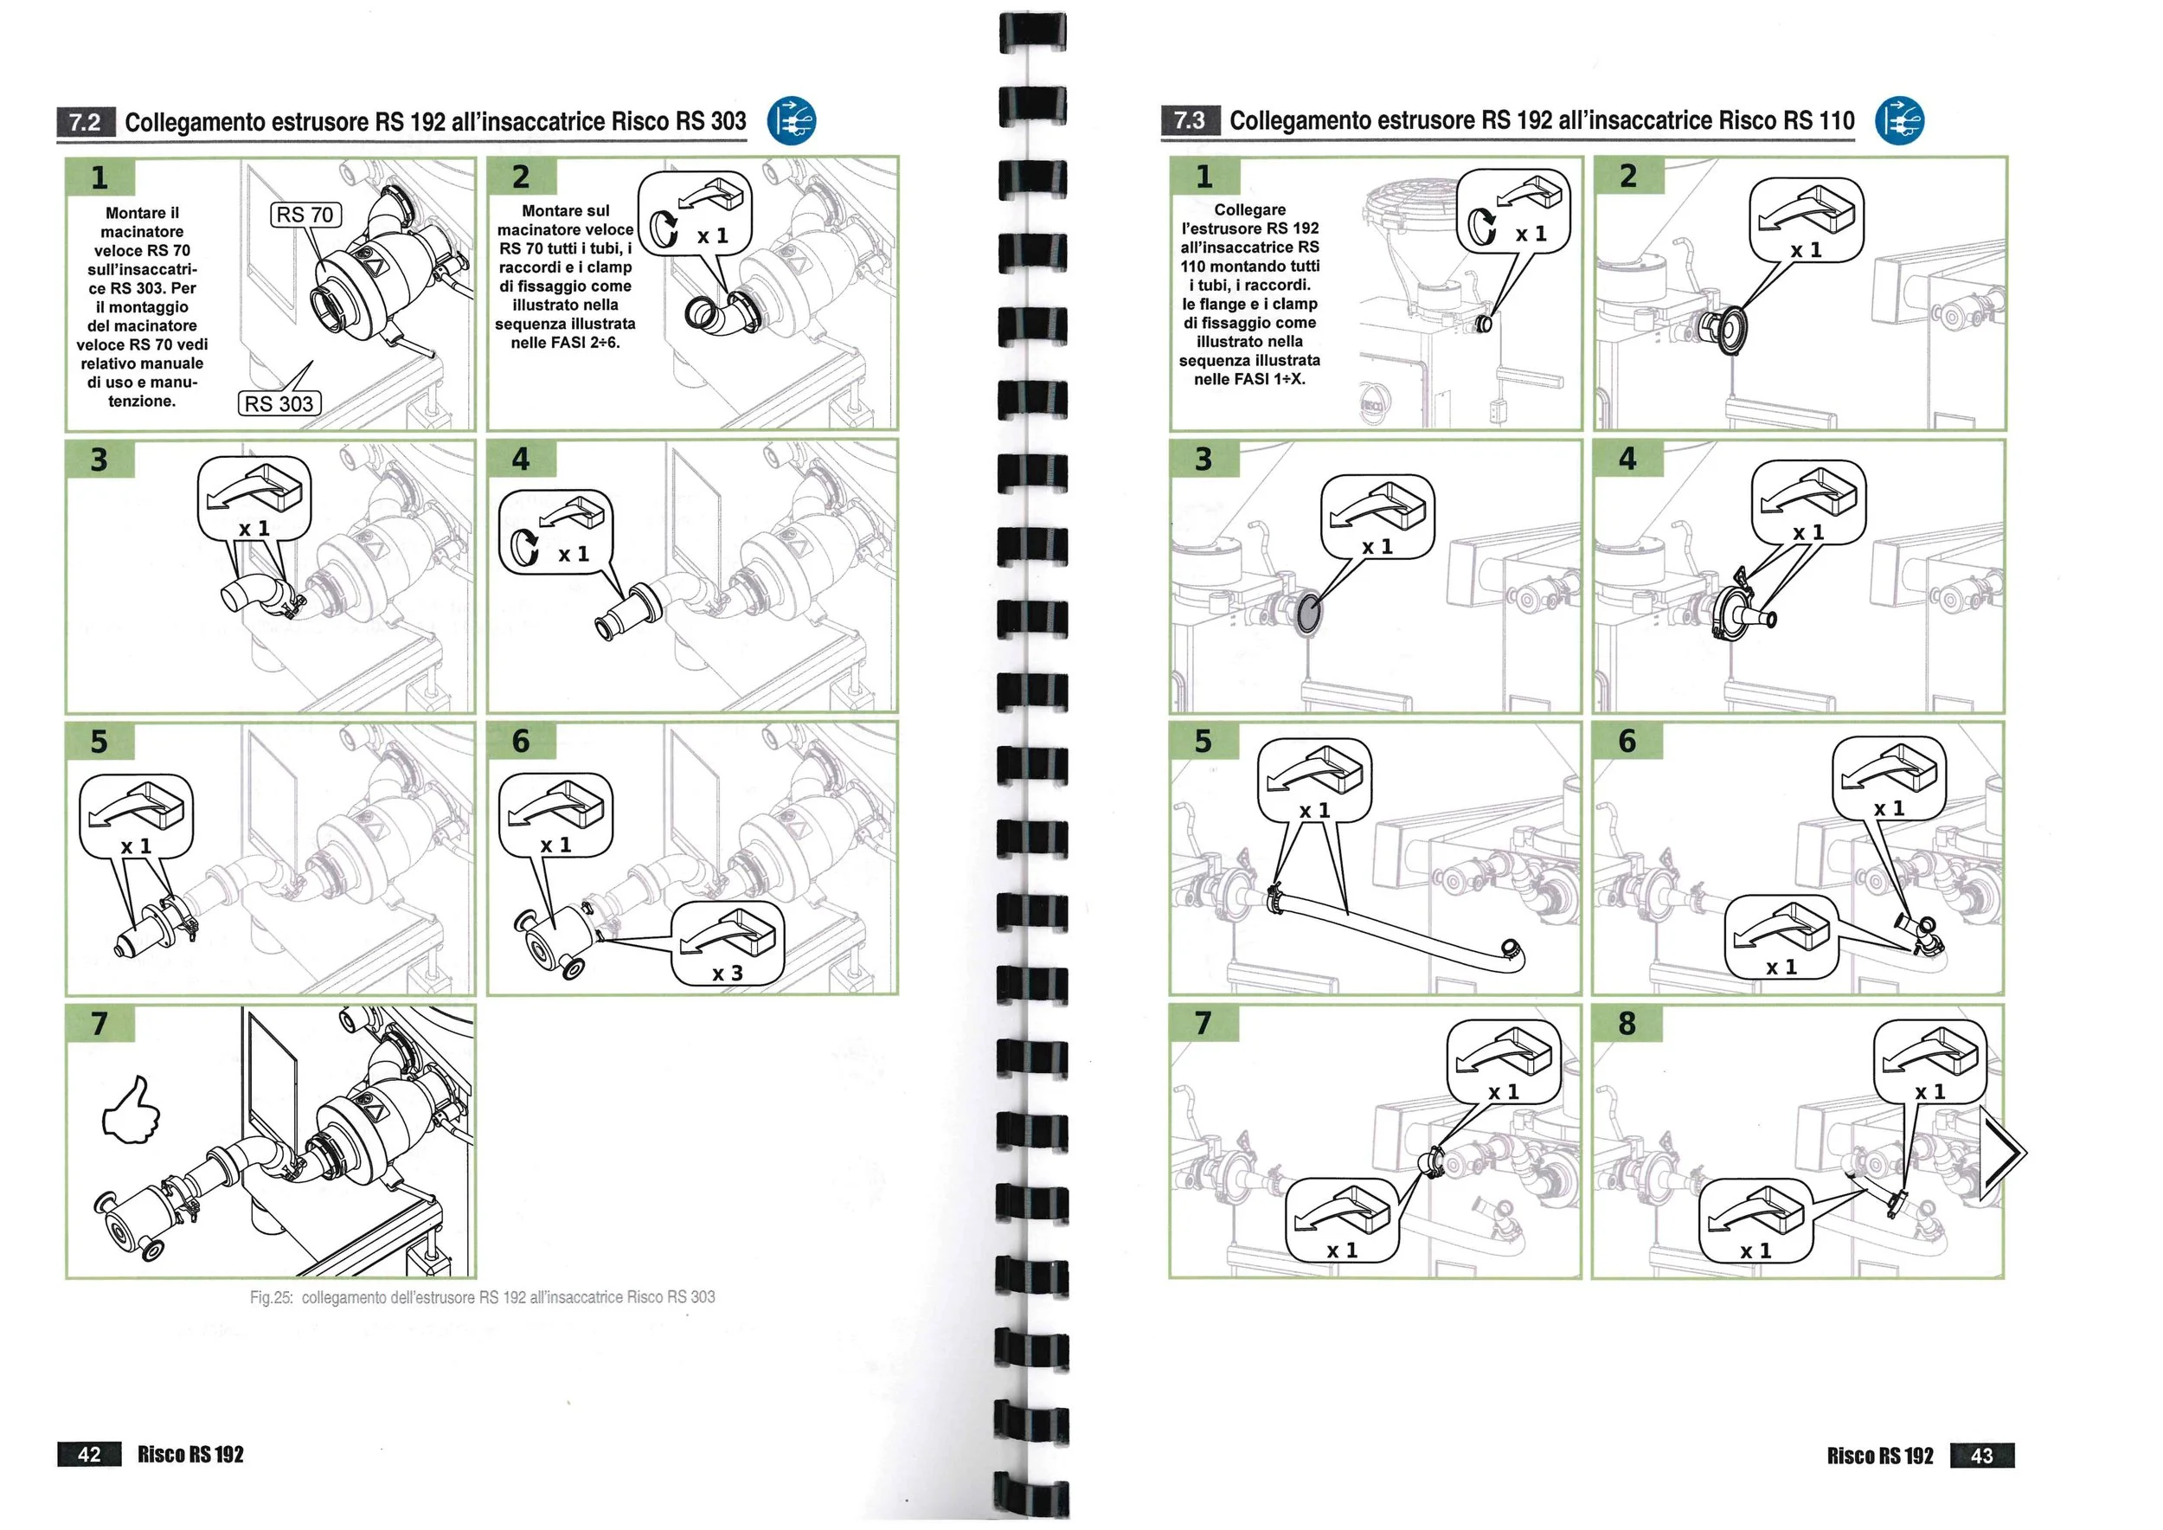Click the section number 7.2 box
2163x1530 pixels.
86,121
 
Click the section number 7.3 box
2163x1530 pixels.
1190,119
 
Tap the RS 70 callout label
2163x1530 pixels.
305,215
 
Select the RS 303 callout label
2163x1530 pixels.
279,403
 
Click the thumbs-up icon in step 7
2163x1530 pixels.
131,1112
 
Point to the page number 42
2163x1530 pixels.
89,1454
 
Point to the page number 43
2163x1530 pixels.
1981,1455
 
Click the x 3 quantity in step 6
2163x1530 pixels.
728,974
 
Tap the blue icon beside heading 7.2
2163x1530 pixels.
792,120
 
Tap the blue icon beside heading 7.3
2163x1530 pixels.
1899,120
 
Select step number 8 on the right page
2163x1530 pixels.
1627,1023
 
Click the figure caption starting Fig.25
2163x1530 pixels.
482,1297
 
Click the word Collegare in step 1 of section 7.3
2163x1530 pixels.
1249,209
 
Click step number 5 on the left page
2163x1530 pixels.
99,742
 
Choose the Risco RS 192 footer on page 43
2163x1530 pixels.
1879,1456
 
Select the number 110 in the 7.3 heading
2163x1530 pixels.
1836,120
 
